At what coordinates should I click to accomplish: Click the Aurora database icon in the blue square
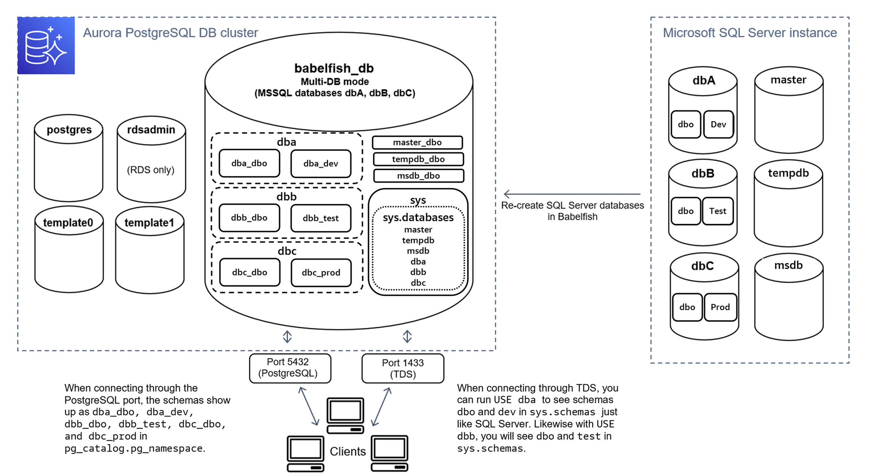point(46,45)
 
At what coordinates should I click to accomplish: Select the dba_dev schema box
point(320,163)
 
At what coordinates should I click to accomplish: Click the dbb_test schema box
point(320,218)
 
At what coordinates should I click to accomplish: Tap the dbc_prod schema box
point(321,272)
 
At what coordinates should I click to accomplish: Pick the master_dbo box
point(417,142)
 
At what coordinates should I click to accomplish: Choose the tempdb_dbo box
point(418,159)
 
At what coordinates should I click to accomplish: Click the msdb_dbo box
point(418,176)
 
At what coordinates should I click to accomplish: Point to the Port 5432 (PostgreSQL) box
point(290,368)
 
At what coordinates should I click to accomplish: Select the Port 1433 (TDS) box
point(403,368)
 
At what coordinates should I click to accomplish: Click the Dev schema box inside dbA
point(718,124)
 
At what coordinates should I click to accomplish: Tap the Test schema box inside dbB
point(717,211)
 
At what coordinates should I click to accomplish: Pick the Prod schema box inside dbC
point(720,307)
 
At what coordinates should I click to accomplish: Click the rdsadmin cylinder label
point(151,130)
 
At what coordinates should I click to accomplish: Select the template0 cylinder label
point(68,222)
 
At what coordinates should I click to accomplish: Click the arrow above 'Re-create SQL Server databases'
point(572,194)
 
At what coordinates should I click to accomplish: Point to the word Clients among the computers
point(348,452)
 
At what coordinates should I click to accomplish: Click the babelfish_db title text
point(334,68)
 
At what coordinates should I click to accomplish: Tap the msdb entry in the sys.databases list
point(418,251)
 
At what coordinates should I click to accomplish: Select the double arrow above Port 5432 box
point(287,337)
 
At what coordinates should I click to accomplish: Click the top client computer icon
point(345,415)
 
